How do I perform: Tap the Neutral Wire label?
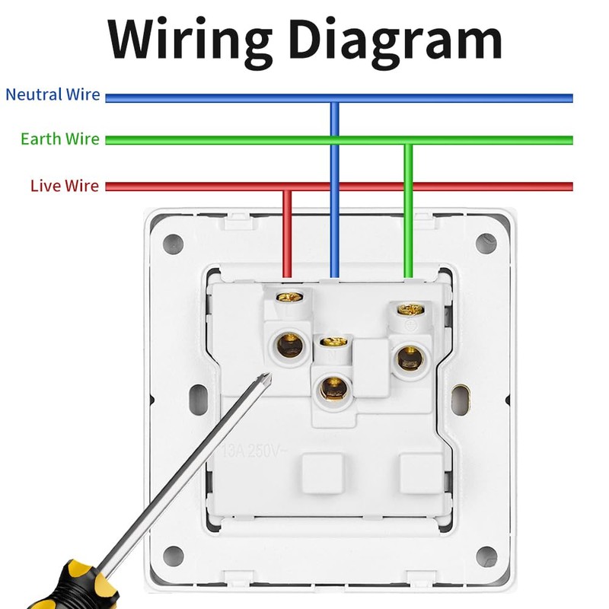point(53,95)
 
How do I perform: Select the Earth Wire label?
point(59,139)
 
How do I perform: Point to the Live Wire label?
point(64,186)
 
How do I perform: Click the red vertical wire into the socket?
point(287,232)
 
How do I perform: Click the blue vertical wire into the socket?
point(333,190)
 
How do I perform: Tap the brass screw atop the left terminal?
point(287,297)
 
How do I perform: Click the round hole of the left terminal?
point(289,346)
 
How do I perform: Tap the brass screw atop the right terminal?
point(410,309)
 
